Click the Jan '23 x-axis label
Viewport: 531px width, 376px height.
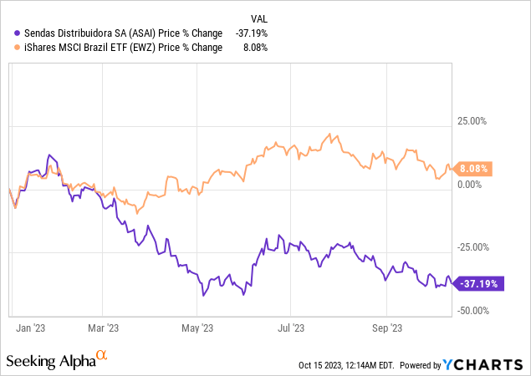tap(30, 328)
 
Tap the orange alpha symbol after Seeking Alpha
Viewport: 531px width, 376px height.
tap(102, 356)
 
